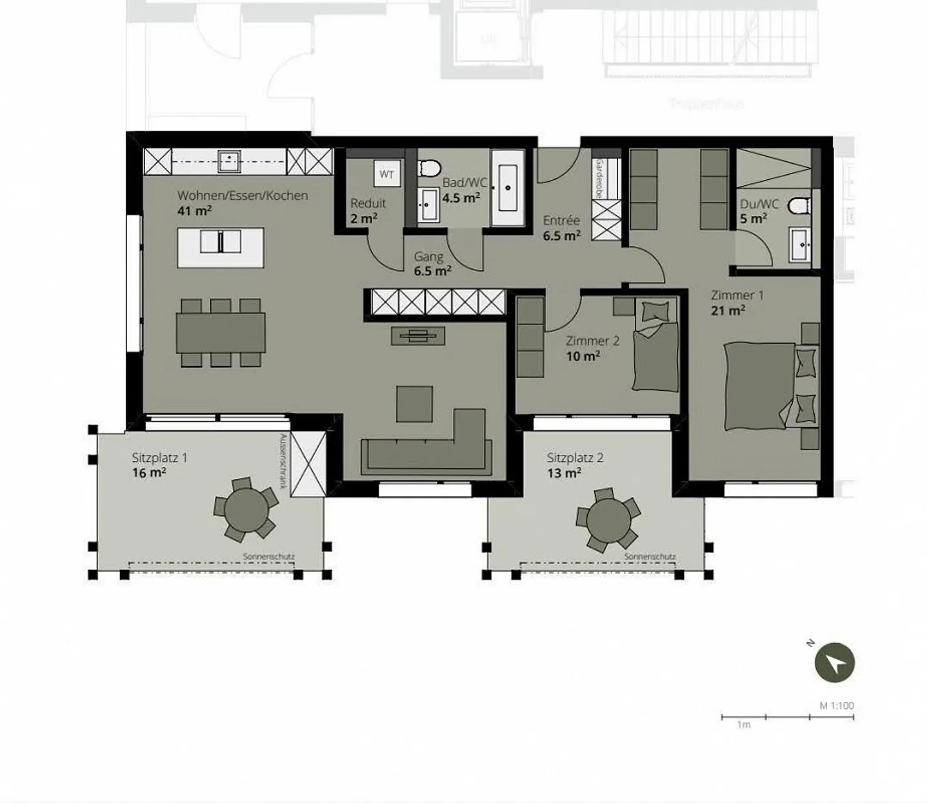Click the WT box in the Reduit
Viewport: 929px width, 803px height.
tap(386, 174)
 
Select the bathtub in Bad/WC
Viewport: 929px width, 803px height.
tap(508, 188)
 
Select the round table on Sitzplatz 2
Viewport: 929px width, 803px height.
tap(608, 520)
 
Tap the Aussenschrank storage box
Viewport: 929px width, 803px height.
tap(308, 464)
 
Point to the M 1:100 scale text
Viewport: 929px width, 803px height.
tap(837, 705)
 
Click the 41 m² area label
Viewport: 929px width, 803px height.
tap(194, 211)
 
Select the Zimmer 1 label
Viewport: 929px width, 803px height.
tap(737, 295)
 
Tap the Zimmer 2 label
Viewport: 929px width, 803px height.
tap(592, 341)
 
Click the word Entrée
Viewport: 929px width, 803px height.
tap(561, 221)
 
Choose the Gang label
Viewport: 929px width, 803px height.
tap(428, 257)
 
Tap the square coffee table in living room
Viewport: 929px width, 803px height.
tap(414, 404)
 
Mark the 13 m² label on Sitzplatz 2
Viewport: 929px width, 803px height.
tap(564, 473)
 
